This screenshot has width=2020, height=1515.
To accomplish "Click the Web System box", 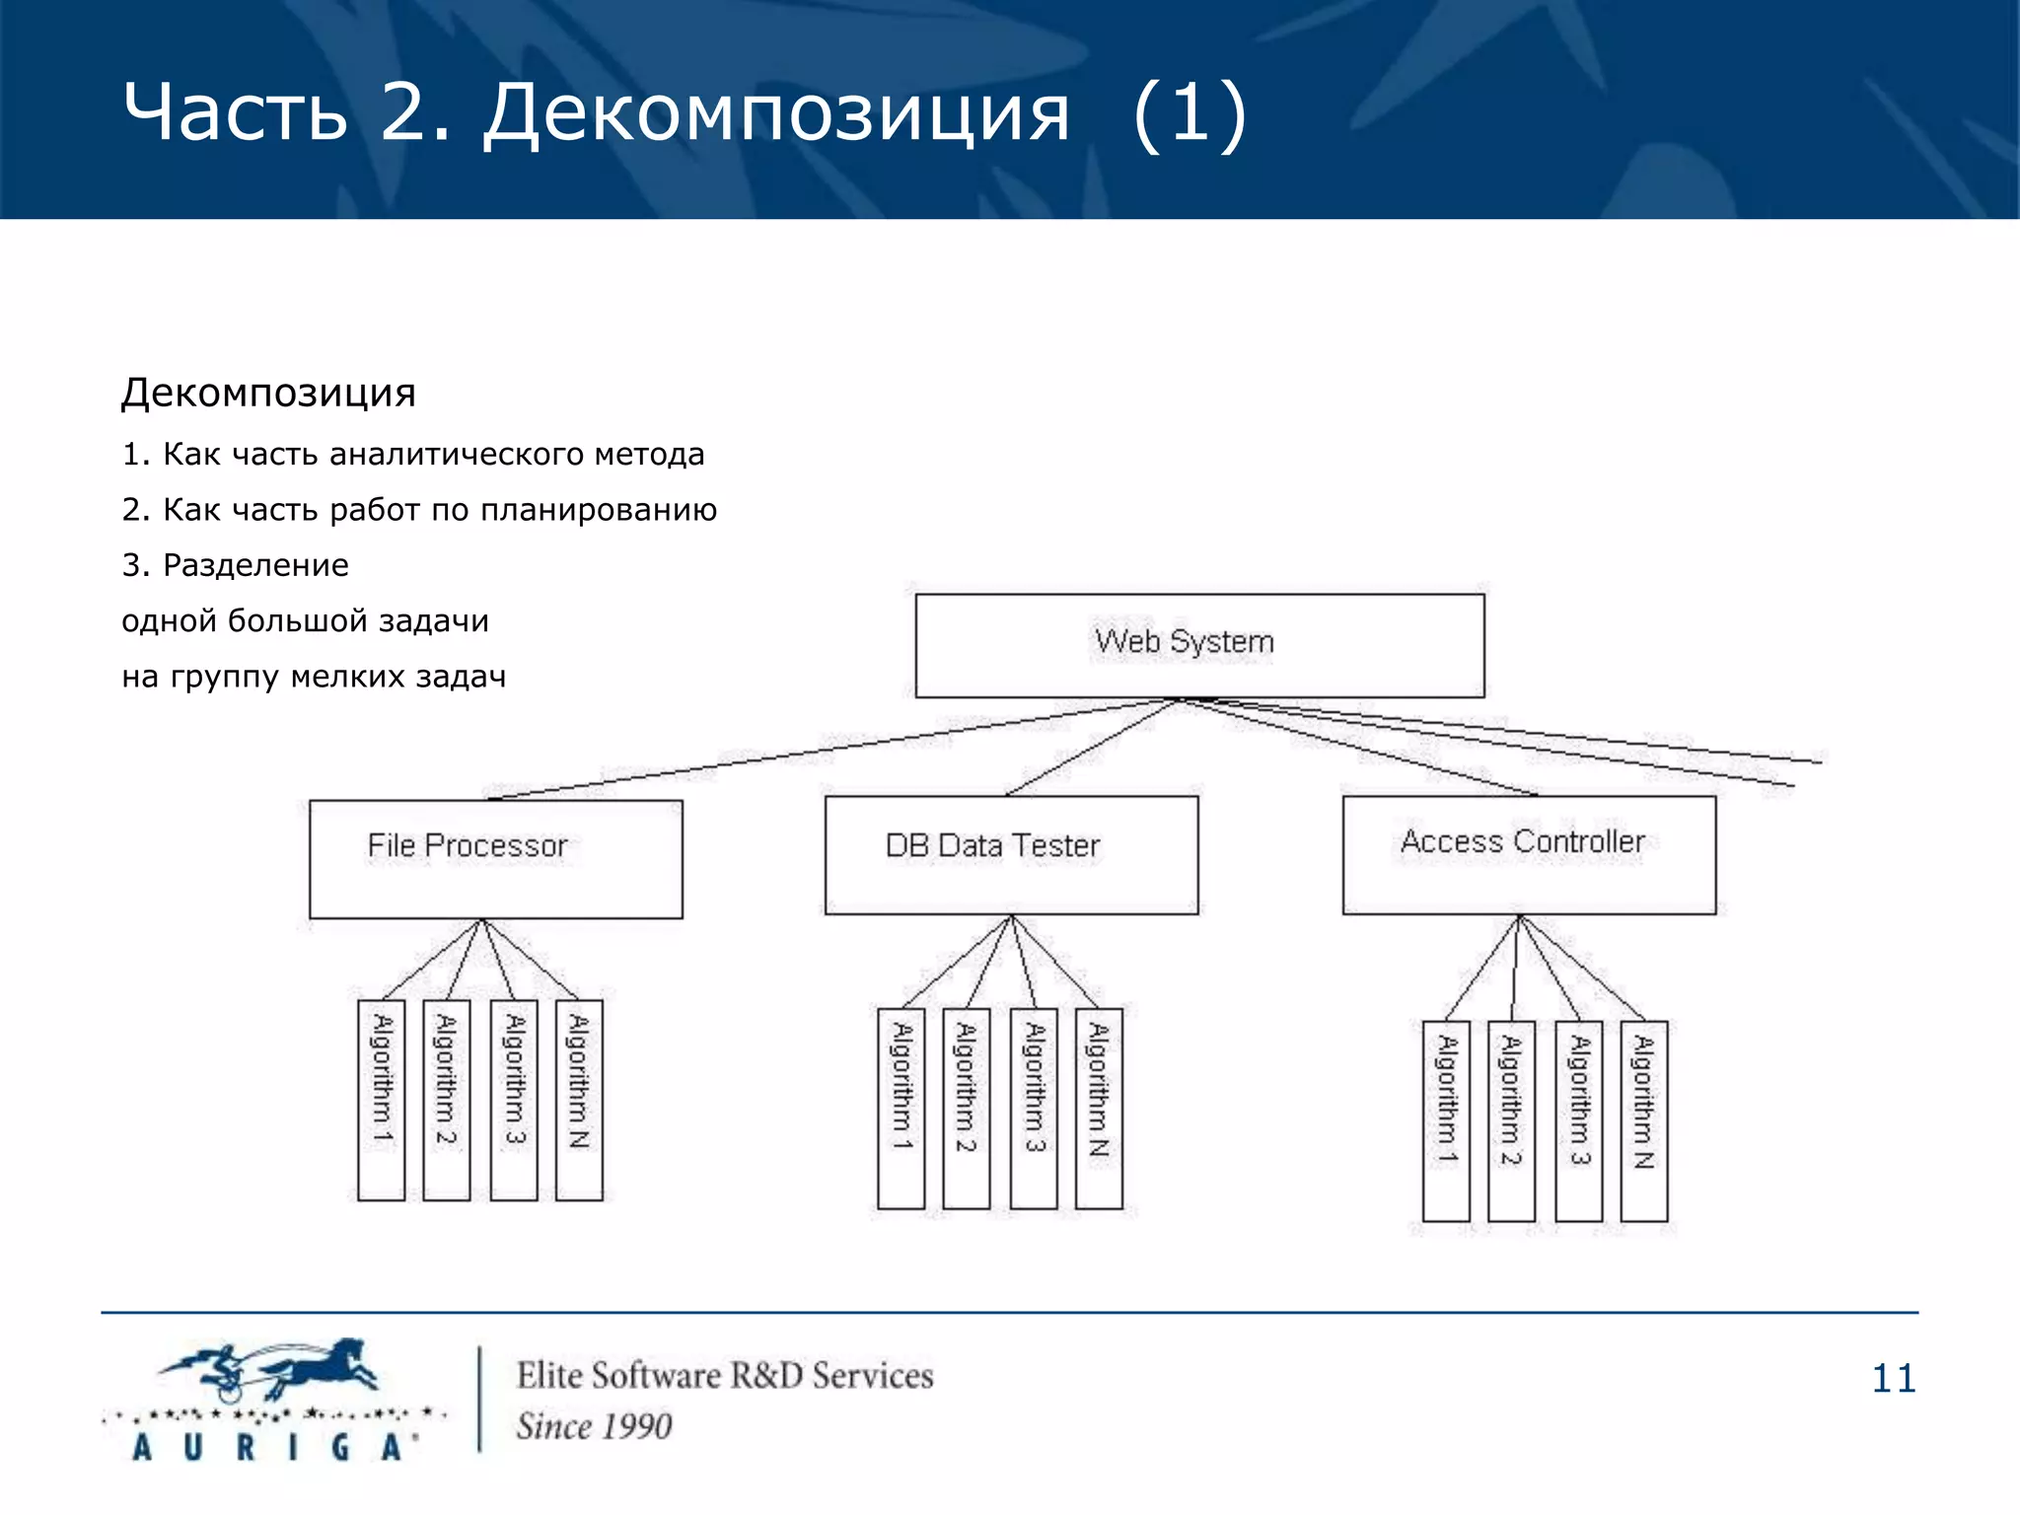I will [x=1198, y=645].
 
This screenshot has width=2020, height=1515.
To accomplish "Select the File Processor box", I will [x=495, y=858].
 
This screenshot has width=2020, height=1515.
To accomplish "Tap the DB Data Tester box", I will [x=1011, y=854].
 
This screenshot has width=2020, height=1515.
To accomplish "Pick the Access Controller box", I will [x=1528, y=854].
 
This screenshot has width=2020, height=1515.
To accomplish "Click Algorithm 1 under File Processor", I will [x=382, y=1100].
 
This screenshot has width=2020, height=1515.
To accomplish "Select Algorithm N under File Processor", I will [x=579, y=1100].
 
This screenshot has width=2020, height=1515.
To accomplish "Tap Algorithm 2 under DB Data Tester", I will [x=966, y=1108].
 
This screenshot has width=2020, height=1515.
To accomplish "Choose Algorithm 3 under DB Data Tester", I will [x=1034, y=1108].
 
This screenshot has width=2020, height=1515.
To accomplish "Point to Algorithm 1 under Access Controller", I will [x=1446, y=1120].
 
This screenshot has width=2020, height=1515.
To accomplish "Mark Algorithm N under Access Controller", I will [x=1643, y=1120].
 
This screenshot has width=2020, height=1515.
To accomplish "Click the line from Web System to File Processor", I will [x=829, y=750].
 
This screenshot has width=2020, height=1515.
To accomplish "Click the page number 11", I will [x=1893, y=1378].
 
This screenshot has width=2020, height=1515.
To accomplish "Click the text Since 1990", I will [x=594, y=1426].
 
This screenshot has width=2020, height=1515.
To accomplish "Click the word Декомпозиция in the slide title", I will [x=776, y=113].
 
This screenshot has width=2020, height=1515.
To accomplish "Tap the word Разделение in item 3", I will [x=255, y=565].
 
